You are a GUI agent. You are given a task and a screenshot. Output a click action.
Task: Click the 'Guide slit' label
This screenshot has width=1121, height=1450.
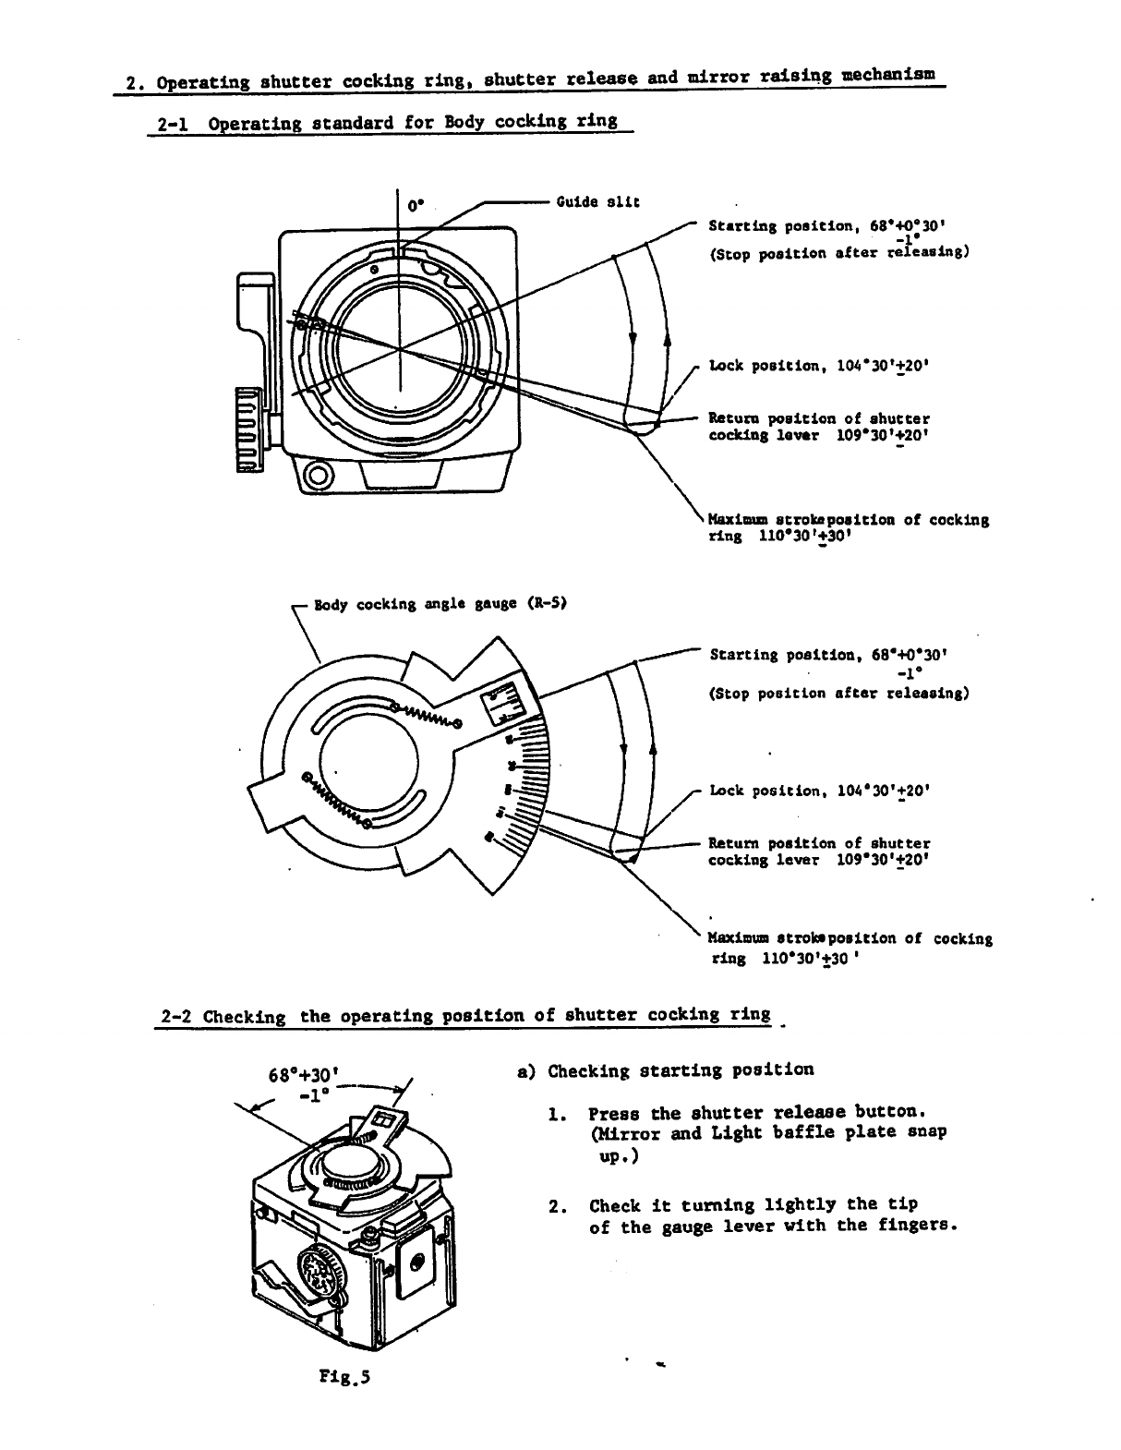pos(597,201)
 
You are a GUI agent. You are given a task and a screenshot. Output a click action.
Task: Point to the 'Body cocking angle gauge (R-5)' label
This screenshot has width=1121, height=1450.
pos(440,605)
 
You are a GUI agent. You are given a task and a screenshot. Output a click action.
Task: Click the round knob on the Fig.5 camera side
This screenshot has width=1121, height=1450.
pos(319,1275)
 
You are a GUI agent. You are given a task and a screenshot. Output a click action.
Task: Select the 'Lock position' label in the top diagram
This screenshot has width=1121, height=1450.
pos(817,366)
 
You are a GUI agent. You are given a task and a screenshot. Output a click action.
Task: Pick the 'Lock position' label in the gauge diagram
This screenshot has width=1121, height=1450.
pos(817,791)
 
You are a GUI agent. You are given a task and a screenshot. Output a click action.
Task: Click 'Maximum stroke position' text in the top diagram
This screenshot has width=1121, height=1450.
pos(848,520)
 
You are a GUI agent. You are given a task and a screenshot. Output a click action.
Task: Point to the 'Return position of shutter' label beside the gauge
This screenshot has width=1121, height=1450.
pos(818,843)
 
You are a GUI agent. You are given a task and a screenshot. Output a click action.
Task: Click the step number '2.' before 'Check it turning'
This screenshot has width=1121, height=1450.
pos(557,1205)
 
